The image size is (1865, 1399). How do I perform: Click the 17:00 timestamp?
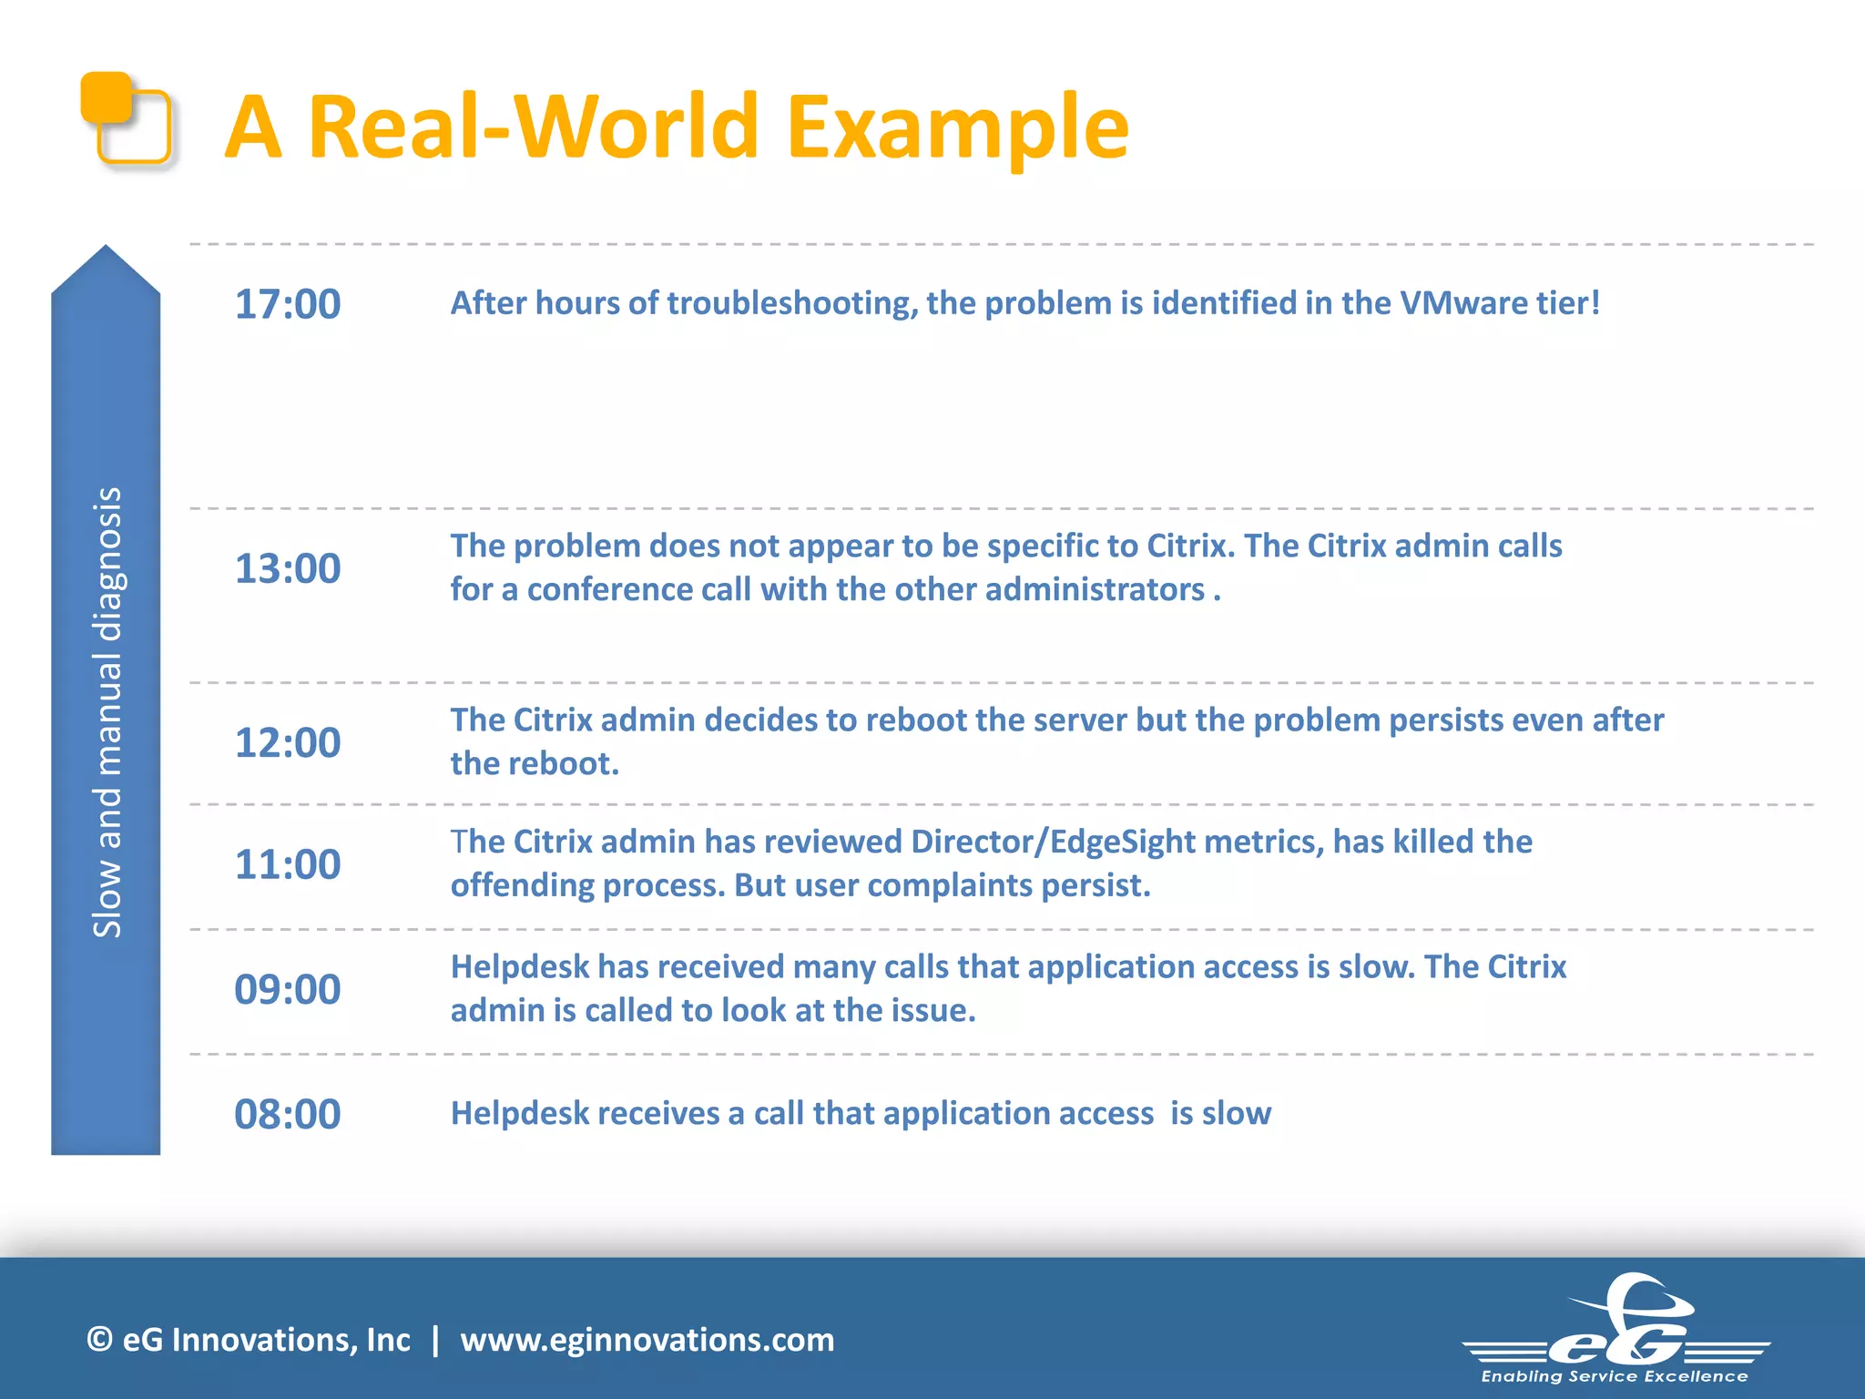pos(288,304)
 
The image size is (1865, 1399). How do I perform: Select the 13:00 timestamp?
pos(288,569)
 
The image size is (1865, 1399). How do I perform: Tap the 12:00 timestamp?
pos(288,743)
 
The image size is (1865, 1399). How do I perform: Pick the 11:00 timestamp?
pos(288,865)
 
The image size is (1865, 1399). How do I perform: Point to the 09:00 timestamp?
pos(288,990)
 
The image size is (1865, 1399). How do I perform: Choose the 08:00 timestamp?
pos(288,1115)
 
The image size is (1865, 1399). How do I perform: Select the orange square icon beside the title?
pos(126,118)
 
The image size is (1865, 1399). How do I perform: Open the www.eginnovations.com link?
pos(647,1340)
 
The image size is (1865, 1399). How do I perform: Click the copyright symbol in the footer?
pos(99,1340)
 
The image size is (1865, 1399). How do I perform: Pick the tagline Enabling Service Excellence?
pos(1614,1376)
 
